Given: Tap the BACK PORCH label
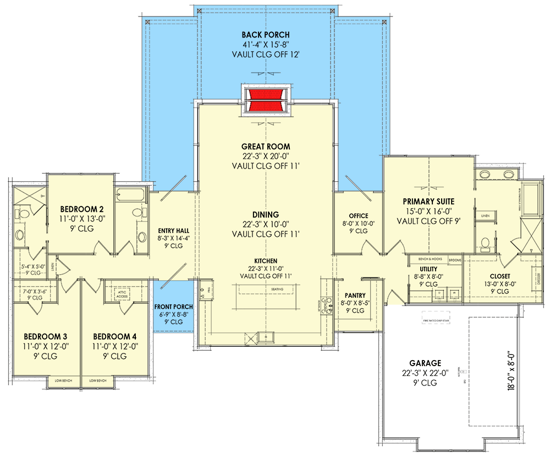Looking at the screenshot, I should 266,35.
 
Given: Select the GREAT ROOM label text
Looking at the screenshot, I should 266,146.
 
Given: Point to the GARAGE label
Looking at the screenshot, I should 425,363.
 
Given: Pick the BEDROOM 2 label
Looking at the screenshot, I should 82,209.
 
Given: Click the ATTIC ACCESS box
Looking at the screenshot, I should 121,294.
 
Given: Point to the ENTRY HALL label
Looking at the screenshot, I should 170,230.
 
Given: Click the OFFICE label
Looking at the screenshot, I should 358,215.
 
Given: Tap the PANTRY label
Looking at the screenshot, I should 355,295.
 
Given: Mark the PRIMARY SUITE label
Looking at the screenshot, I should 428,202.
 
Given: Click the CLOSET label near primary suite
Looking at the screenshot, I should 500,276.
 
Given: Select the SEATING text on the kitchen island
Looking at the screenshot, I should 277,289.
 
